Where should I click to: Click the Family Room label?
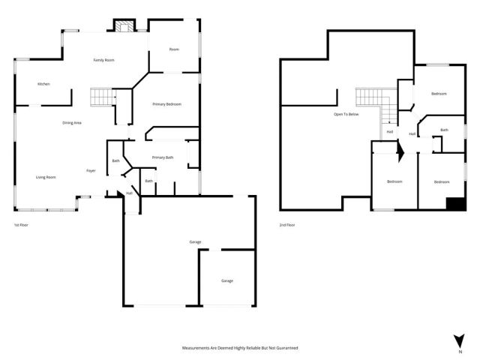tap(103, 59)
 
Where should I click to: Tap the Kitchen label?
tap(43, 84)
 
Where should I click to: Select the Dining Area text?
tap(72, 122)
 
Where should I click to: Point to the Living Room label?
tap(46, 177)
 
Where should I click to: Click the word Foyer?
tap(90, 170)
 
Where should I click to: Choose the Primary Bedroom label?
tap(166, 104)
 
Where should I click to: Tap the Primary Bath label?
tap(163, 157)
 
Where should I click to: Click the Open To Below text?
tap(346, 115)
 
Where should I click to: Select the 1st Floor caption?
tap(21, 225)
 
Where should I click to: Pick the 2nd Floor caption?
tap(287, 225)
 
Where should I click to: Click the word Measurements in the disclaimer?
tap(199, 348)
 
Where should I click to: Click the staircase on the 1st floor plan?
tap(101, 97)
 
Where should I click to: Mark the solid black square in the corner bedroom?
tap(454, 203)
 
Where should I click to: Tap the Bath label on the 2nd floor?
tap(444, 130)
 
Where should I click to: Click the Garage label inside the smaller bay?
tap(226, 280)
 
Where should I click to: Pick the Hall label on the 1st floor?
tap(129, 193)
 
